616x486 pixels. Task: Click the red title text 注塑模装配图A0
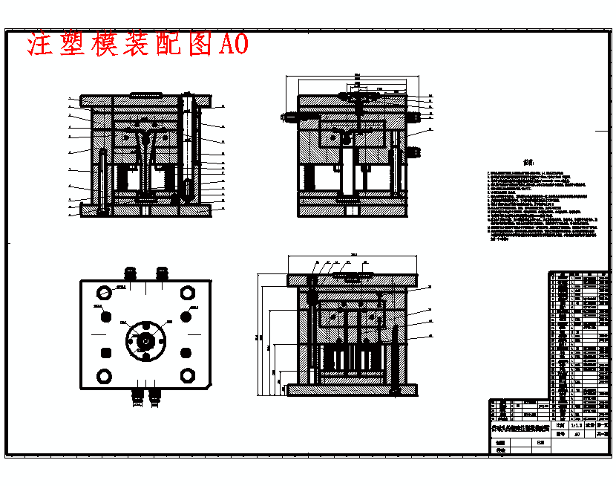(x=137, y=45)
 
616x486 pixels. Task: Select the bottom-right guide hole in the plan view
(x=186, y=375)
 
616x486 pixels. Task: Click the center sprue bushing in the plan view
(x=145, y=340)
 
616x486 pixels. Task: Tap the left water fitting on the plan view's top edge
(x=133, y=273)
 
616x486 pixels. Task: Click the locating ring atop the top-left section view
(x=145, y=94)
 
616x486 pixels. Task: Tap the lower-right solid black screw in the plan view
(x=186, y=351)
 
